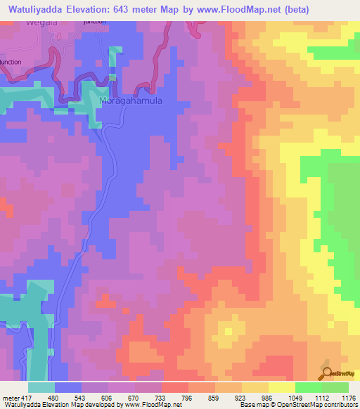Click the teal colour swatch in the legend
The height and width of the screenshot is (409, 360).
pos(41,387)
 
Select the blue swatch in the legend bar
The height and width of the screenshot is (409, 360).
pos(68,387)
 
